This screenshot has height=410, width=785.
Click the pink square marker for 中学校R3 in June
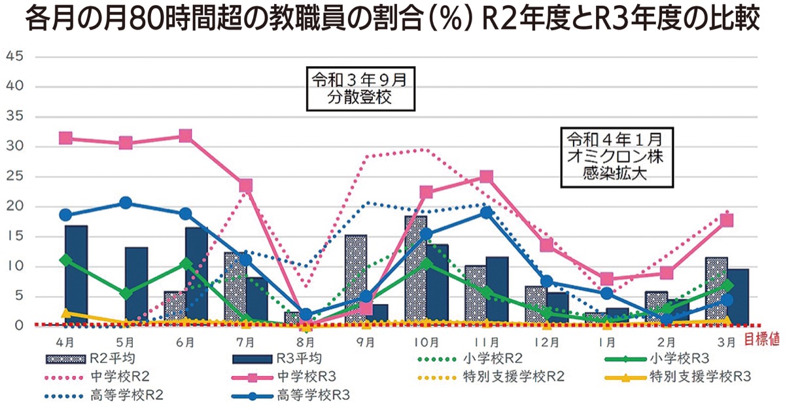(x=185, y=136)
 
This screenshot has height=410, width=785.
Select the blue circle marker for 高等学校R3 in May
(x=126, y=203)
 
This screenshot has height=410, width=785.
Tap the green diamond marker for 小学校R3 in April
(x=65, y=260)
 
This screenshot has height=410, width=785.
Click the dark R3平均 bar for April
(x=76, y=275)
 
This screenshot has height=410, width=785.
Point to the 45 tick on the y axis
(x=15, y=56)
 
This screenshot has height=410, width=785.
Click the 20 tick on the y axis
(x=15, y=206)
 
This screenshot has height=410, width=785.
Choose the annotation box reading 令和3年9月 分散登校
(x=362, y=90)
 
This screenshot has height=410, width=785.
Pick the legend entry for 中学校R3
(x=288, y=377)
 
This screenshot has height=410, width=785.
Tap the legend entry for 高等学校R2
(x=105, y=396)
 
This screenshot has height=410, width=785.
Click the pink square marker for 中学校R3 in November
(x=486, y=177)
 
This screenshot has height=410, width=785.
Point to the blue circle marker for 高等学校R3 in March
(x=726, y=299)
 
